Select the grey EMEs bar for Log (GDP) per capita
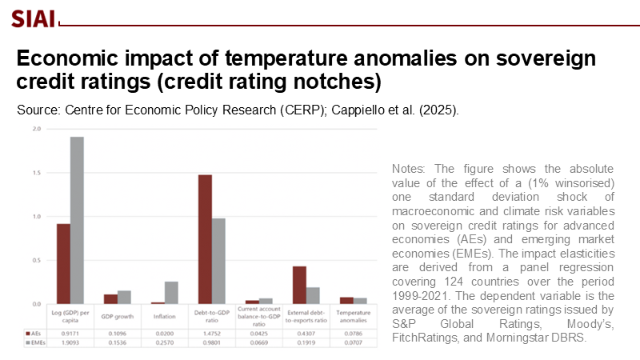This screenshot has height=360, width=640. click(x=77, y=220)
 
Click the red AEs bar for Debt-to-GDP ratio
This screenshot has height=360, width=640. click(x=205, y=239)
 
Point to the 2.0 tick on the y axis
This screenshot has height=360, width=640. click(x=38, y=129)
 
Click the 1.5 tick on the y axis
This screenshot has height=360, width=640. click(x=38, y=173)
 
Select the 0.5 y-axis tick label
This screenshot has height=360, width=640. click(x=38, y=260)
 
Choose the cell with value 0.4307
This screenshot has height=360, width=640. click(x=306, y=332)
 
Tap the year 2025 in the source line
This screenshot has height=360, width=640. click(x=438, y=110)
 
